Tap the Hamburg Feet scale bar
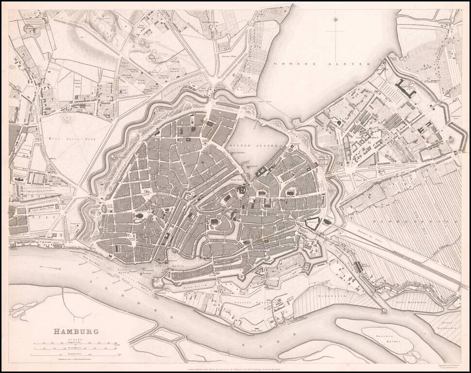75,354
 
